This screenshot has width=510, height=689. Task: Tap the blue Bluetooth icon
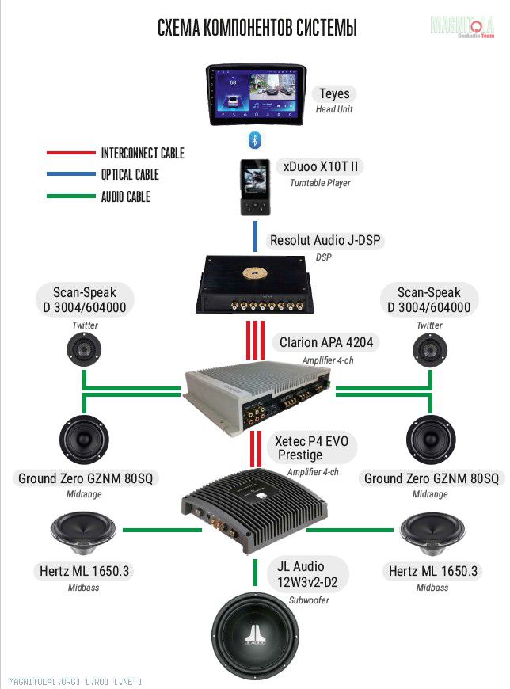255,140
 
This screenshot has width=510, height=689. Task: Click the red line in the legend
70,153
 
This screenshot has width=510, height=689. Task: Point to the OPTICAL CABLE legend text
130,175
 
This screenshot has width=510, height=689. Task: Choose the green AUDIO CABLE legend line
70,196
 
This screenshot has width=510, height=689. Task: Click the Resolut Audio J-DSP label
327,240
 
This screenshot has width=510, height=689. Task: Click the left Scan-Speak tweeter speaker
82,349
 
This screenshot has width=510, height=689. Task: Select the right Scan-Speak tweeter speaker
430,349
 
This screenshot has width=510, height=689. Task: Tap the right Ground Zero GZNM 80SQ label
432,478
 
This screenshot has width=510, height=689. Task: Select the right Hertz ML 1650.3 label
433,571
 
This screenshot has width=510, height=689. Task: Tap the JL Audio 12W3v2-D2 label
307,574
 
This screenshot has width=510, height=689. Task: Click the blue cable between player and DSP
255,236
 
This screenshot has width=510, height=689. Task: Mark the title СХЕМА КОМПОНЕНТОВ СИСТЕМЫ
257,29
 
